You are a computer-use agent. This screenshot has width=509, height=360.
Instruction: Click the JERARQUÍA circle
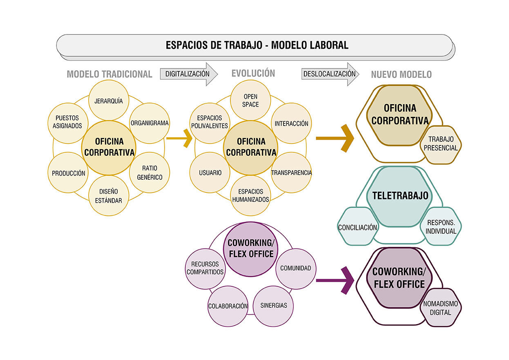coord(109,101)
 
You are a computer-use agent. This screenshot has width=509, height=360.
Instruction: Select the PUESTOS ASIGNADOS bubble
coord(67,122)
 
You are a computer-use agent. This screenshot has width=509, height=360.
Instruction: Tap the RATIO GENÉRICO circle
coord(149,173)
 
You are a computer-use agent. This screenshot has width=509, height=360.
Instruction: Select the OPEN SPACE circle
coord(251,101)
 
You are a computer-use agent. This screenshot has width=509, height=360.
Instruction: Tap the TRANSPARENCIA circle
coord(291,173)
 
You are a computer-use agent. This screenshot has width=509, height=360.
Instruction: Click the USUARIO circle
coord(210,173)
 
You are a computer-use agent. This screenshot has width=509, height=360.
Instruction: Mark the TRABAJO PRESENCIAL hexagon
coord(440,144)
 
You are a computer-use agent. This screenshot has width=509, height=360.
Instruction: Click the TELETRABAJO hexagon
coord(400,196)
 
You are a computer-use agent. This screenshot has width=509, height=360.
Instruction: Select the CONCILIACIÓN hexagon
coord(357,227)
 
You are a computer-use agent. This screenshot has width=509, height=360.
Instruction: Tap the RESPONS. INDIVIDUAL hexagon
coord(441,227)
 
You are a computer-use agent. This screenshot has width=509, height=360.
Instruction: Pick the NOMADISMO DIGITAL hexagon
coord(440,308)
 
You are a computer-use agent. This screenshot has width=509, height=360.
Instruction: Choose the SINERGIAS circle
coord(273,305)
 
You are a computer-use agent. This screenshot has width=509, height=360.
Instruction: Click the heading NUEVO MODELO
coord(401,75)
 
